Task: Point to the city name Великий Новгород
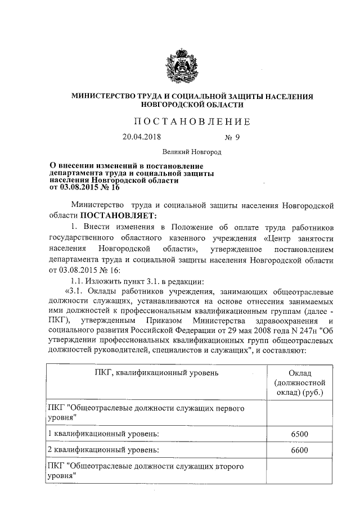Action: point(192,152)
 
